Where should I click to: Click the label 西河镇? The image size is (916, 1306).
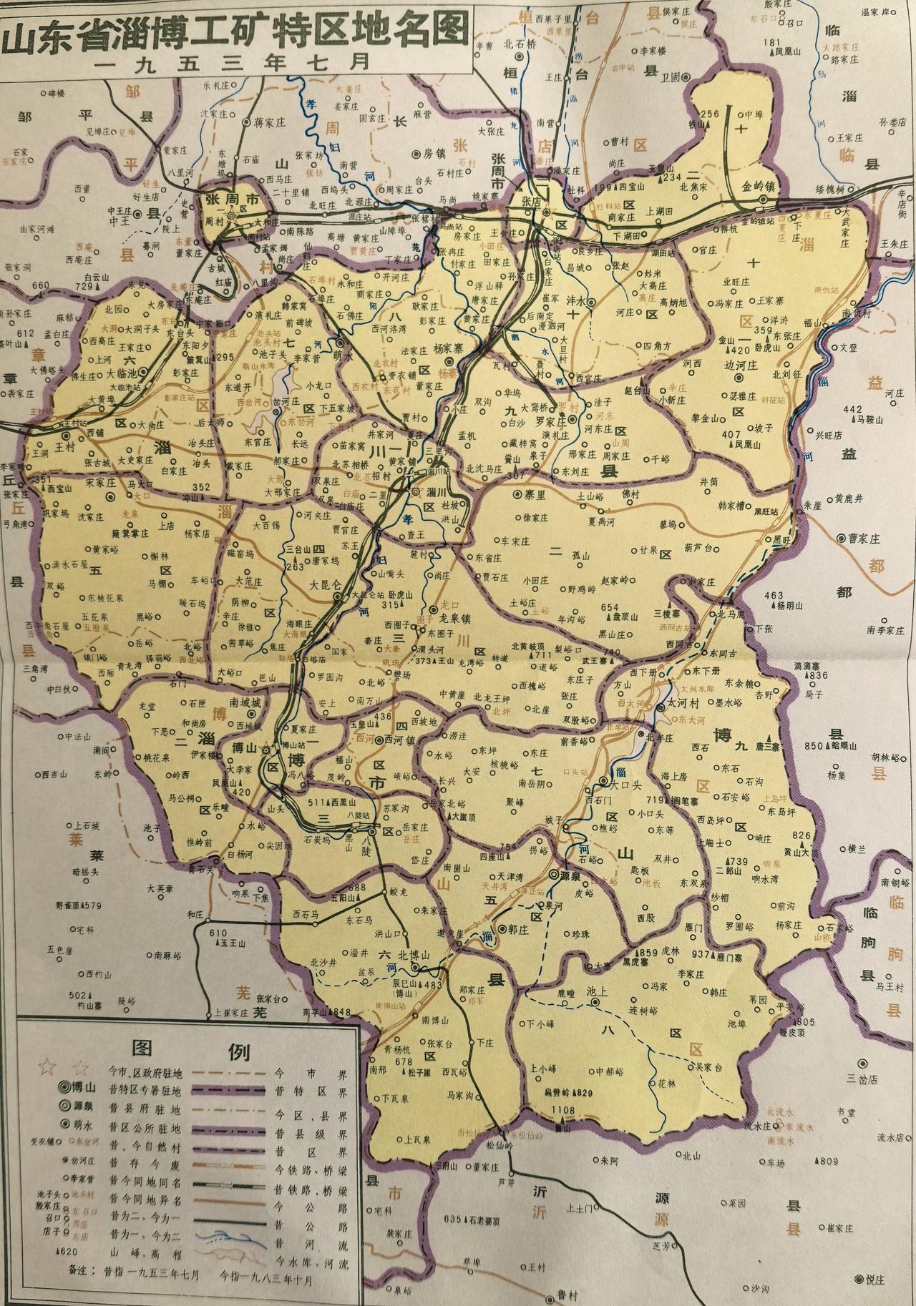point(404,739)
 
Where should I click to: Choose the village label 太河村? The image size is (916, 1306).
point(687,704)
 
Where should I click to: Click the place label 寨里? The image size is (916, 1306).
point(537,494)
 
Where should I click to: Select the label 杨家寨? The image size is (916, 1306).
point(458,349)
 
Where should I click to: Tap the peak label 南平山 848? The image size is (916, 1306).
point(328,1011)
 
